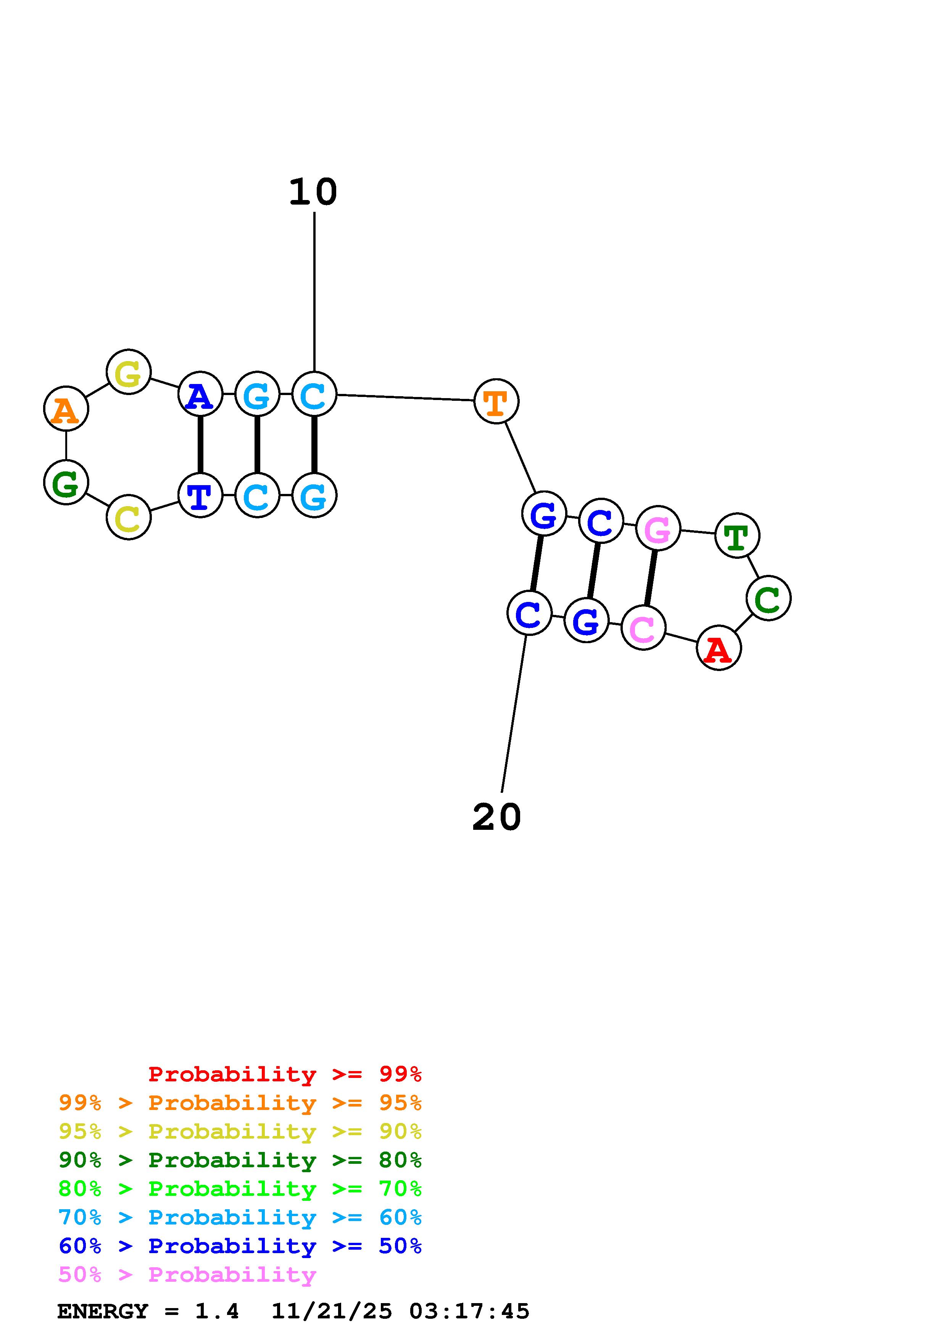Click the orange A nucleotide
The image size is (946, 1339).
tap(66, 409)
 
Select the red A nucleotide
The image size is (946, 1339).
tap(718, 648)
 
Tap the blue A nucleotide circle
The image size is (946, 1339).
tap(200, 394)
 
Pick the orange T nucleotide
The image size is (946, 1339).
tap(496, 401)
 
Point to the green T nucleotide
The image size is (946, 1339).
tap(737, 536)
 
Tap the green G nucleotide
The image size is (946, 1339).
tap(66, 482)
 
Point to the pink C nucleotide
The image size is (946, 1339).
tap(643, 628)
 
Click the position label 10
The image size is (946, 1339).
tap(314, 192)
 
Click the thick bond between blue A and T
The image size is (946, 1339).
tap(200, 445)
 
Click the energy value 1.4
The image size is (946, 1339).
tap(217, 1311)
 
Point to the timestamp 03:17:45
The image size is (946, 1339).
tap(469, 1311)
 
